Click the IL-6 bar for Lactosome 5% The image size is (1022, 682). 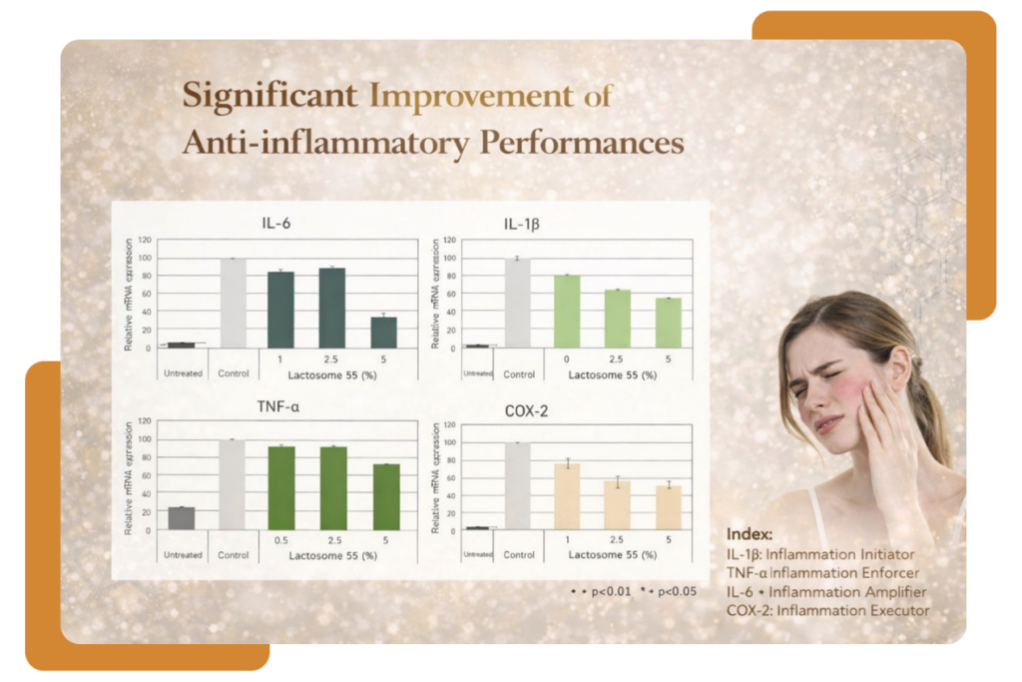[x=383, y=332]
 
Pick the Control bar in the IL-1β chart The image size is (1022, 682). [x=517, y=303]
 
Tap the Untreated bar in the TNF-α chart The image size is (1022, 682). [x=181, y=518]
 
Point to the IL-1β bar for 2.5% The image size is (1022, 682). [x=617, y=319]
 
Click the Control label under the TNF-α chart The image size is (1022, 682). [x=233, y=554]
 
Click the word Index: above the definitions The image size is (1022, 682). [x=750, y=533]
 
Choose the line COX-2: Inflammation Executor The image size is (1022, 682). [x=828, y=609]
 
